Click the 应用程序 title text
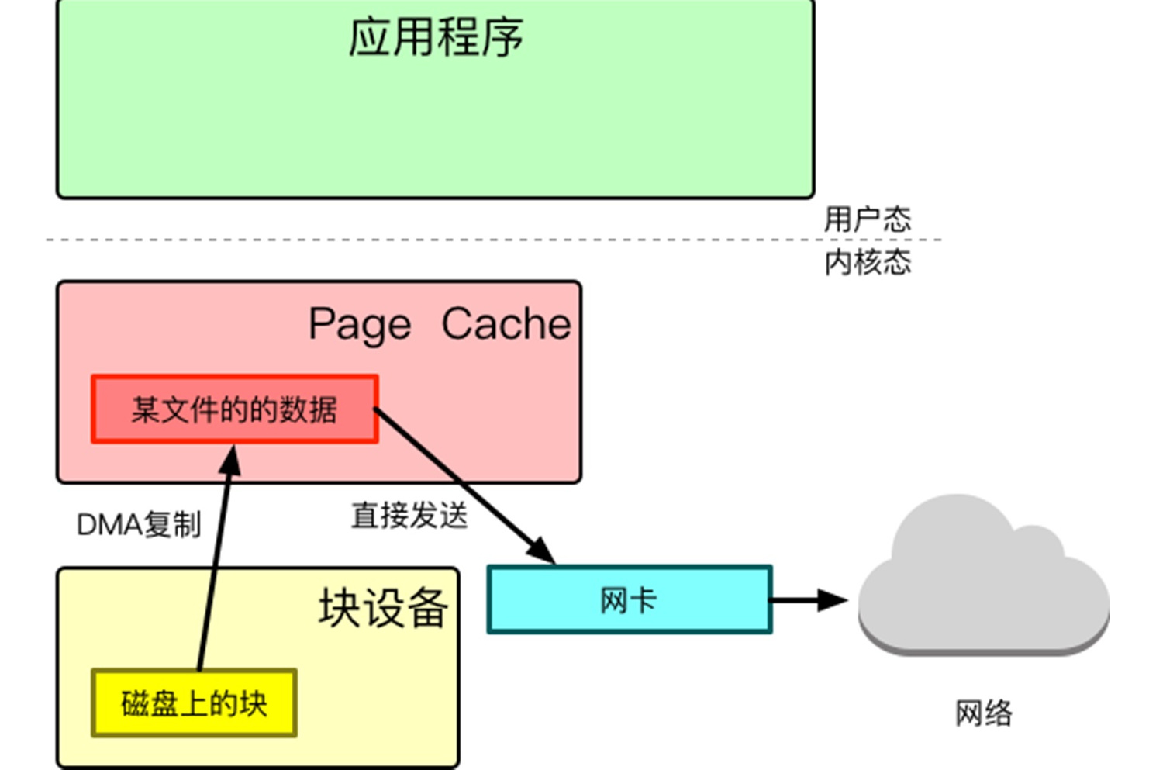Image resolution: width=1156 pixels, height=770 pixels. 436,37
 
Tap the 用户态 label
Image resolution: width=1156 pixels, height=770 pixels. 867,219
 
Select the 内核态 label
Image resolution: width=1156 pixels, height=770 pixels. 867,262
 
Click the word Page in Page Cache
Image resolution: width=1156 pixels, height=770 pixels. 360,324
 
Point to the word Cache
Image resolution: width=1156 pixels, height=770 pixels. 506,324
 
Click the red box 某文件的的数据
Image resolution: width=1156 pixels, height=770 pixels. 234,409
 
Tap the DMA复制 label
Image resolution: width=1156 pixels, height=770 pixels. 139,525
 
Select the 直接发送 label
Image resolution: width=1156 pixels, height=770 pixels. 409,515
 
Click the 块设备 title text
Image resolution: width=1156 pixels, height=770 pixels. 383,607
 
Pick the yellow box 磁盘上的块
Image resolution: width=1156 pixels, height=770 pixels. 194,703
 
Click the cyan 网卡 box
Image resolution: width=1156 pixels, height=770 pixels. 629,599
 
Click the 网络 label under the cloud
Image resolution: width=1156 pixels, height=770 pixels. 983,713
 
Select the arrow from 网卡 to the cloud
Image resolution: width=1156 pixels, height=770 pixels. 806,599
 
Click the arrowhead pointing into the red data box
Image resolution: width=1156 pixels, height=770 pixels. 230,459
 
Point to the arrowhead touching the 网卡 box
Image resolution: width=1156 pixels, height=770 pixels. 540,551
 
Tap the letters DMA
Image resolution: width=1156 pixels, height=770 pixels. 109,526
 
